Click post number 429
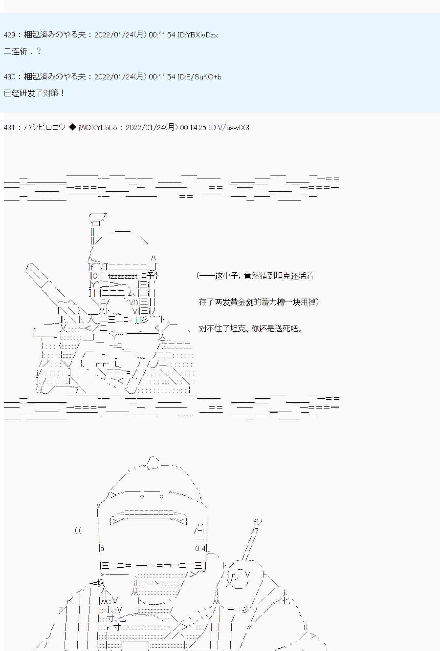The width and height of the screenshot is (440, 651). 9,35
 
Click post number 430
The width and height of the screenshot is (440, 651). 9,77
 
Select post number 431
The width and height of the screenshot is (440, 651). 9,128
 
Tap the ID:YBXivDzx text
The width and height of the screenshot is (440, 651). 198,35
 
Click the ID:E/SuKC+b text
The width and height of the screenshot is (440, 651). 199,77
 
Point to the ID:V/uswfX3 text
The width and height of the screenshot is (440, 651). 229,128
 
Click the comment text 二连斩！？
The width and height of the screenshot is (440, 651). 22,51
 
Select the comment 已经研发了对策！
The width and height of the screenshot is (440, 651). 34,93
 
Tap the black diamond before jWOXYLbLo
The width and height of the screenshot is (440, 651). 72,127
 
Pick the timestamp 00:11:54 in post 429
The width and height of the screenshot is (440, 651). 162,35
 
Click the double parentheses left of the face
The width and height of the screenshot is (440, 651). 78,530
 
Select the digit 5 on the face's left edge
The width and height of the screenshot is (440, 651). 102,548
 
